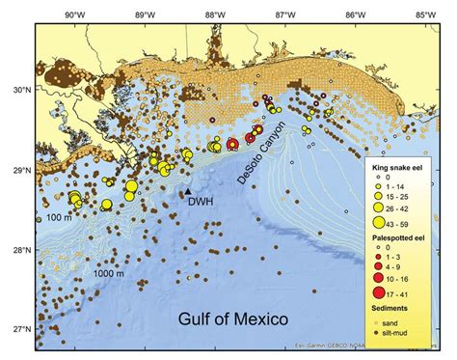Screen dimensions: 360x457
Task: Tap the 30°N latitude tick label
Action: tap(18, 90)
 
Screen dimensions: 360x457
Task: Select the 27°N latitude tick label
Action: tap(18, 329)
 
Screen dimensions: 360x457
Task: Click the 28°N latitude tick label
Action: tap(18, 250)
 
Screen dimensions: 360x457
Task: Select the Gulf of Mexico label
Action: tap(234, 317)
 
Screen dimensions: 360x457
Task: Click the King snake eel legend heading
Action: tap(400, 167)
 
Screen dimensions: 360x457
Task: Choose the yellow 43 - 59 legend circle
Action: tap(382, 222)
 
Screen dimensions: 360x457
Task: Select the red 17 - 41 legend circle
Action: tap(382, 292)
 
